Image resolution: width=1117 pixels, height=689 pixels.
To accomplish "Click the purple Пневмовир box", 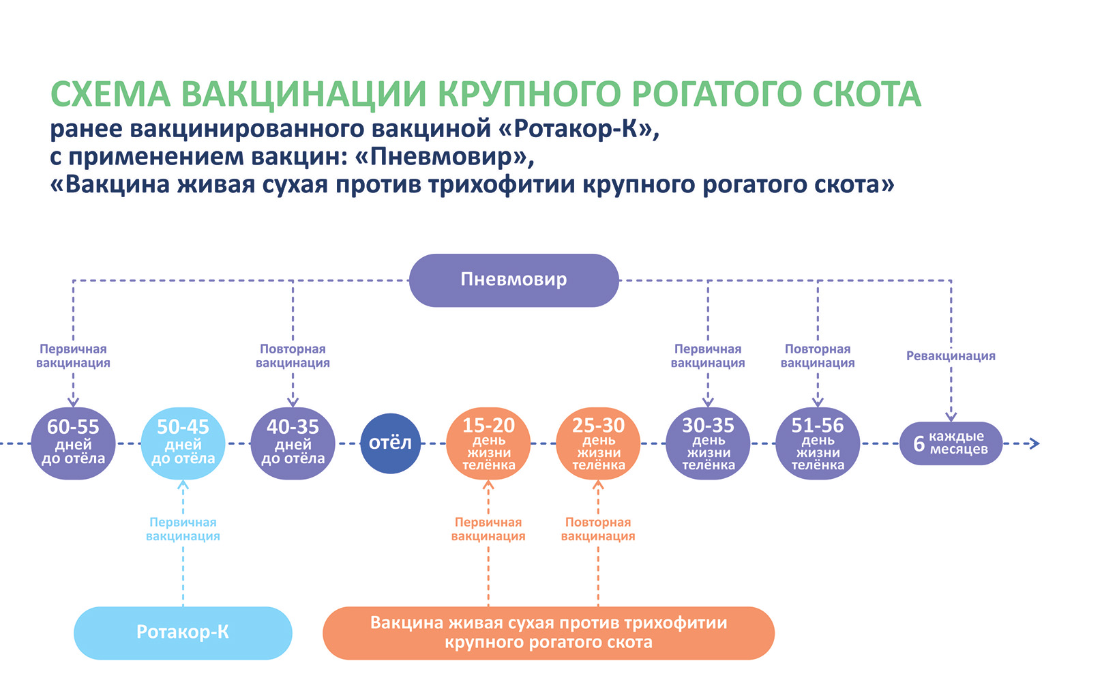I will pyautogui.click(x=513, y=280).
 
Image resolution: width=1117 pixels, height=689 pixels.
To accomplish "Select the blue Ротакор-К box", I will pyautogui.click(x=183, y=632).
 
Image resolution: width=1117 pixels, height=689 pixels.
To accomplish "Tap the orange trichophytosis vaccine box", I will pyautogui.click(x=548, y=632).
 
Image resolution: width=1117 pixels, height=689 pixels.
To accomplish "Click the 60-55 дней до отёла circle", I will pyautogui.click(x=73, y=443).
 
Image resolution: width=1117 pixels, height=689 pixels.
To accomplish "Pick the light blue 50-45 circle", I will pyautogui.click(x=183, y=443).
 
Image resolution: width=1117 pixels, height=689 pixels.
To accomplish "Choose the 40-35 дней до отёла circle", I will pyautogui.click(x=293, y=443).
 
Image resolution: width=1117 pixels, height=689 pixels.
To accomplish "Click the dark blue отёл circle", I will pyautogui.click(x=390, y=443).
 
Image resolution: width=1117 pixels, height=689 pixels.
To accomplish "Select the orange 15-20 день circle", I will pyautogui.click(x=488, y=443).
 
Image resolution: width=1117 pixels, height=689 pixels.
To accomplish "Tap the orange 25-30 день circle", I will pyautogui.click(x=598, y=443).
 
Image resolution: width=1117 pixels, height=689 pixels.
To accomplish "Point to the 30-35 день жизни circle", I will pyautogui.click(x=708, y=443).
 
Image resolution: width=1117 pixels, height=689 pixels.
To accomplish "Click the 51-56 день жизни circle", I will pyautogui.click(x=818, y=443).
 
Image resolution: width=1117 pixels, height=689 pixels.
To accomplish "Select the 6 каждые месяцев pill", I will pyautogui.click(x=951, y=443).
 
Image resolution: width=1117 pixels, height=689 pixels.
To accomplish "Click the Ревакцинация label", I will pyautogui.click(x=951, y=355).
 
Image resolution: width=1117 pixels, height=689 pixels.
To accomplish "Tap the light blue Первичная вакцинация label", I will pyautogui.click(x=183, y=529).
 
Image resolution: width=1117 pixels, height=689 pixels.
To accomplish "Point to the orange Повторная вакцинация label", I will pyautogui.click(x=598, y=529).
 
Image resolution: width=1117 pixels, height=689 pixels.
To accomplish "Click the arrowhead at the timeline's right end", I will pyautogui.click(x=1034, y=443).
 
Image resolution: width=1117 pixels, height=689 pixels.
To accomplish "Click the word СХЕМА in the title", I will pyautogui.click(x=110, y=94).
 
